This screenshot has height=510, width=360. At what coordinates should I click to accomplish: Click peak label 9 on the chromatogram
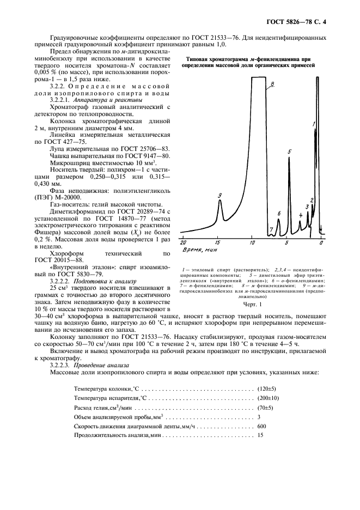[219, 196]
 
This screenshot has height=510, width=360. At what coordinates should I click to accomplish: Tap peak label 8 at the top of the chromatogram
[272, 83]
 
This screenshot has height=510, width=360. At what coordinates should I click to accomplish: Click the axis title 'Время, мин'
[199, 250]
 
